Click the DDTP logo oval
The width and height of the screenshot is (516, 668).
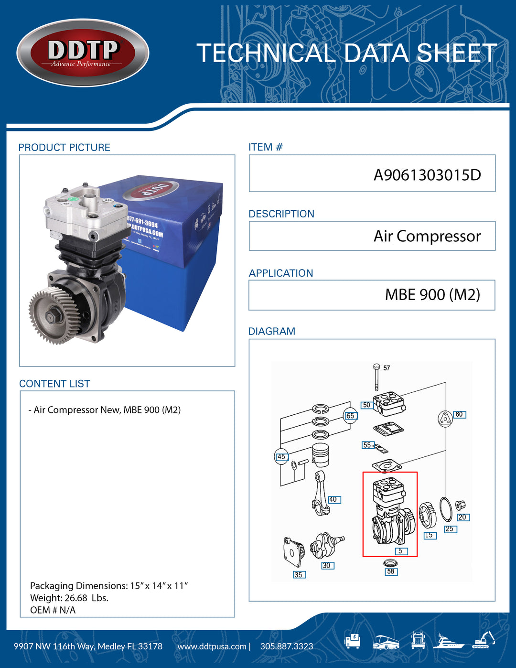tap(83, 53)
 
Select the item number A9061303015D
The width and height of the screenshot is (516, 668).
tap(427, 175)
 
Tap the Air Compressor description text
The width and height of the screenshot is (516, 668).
tap(427, 236)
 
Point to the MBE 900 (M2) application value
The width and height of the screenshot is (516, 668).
tap(432, 295)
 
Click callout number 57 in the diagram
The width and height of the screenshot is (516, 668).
tap(387, 368)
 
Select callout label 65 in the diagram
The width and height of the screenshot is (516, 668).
tap(350, 416)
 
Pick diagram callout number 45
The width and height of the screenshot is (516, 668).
tap(281, 457)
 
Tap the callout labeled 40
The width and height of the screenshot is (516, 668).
tap(333, 500)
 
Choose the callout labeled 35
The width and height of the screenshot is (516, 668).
tap(299, 574)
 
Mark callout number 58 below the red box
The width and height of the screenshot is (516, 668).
tap(391, 571)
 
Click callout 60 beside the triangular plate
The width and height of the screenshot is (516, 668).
tap(459, 415)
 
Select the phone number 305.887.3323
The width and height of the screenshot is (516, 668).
tap(287, 646)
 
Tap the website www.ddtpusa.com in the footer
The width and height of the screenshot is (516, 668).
tap(212, 646)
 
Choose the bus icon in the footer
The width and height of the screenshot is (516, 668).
tap(386, 642)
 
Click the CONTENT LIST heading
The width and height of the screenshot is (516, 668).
tap(54, 384)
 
